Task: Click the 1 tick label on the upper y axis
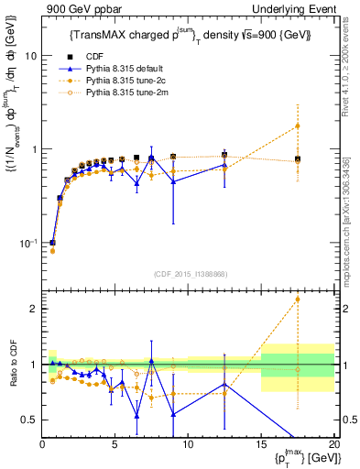pyautogui.click(x=34, y=149)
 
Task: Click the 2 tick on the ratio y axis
pyautogui.click(x=34, y=309)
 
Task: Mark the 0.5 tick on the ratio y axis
pyautogui.click(x=30, y=420)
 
